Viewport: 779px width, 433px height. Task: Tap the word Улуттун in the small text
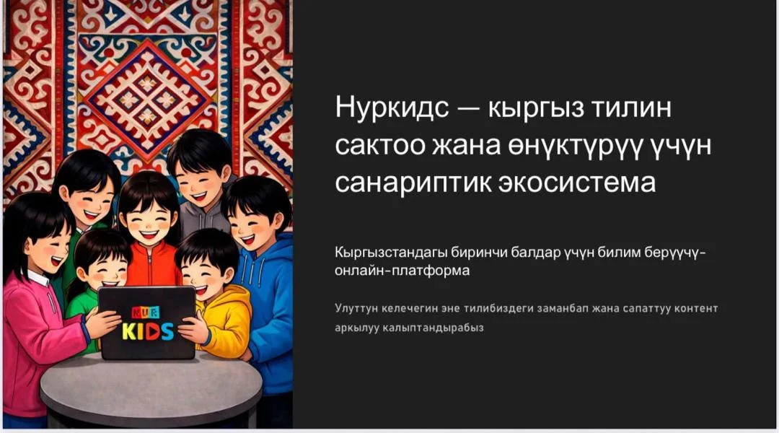click(356, 309)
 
